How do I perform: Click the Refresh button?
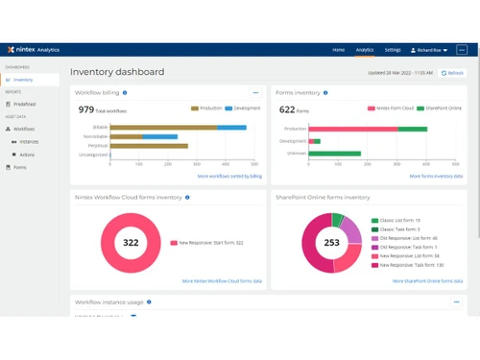point(452,73)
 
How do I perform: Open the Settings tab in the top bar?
point(393,50)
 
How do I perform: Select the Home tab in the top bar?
point(338,50)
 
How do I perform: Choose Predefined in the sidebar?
point(25,104)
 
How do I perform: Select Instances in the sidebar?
point(29,141)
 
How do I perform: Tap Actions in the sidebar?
point(27,154)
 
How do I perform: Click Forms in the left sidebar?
point(20,167)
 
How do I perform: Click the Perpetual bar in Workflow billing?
point(149,146)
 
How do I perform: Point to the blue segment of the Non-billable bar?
point(160,136)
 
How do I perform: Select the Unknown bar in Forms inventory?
point(335,153)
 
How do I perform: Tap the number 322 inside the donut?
point(131,242)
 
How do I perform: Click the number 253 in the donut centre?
point(331,243)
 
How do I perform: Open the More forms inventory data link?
point(436,177)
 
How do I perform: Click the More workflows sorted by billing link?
point(229,177)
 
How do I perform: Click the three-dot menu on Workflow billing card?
point(255,93)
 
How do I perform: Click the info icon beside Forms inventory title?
point(325,93)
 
